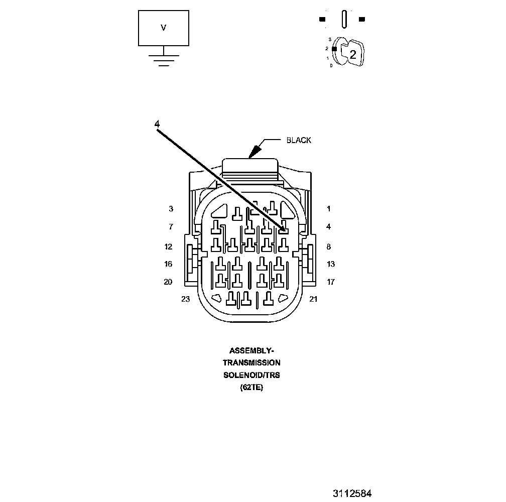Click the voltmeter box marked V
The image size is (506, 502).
163,28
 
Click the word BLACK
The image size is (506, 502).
299,140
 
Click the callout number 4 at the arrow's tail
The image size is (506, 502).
157,123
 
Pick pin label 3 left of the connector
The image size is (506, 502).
171,208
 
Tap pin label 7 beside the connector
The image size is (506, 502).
171,227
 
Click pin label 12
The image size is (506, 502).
168,246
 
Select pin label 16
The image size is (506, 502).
168,264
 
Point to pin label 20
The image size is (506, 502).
168,282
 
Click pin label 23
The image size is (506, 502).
186,299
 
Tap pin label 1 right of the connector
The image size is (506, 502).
329,208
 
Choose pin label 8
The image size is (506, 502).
329,246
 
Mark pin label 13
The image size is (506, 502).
330,264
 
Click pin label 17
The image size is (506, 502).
330,282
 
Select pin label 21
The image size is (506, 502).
313,299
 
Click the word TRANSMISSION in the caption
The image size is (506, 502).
252,362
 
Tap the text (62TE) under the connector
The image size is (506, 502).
252,388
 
